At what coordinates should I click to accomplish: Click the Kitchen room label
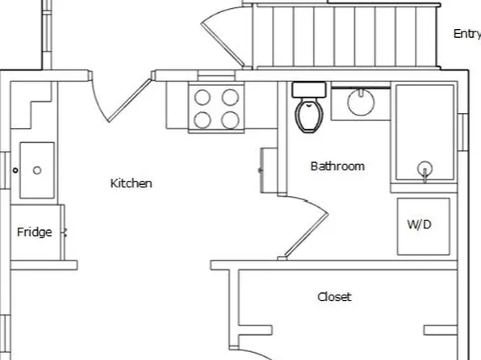(x=131, y=183)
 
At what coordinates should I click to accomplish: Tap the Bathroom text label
(x=337, y=166)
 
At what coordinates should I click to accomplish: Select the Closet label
(x=334, y=297)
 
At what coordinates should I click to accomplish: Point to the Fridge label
(x=35, y=232)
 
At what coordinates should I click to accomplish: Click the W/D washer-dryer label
(x=419, y=224)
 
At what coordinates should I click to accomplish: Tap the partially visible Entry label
(x=467, y=34)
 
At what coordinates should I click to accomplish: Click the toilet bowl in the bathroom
(x=309, y=115)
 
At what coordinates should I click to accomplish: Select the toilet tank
(x=309, y=90)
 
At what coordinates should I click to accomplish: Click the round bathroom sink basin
(x=361, y=103)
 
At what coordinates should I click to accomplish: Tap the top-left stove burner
(x=203, y=98)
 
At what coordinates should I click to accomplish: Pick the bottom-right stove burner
(x=230, y=120)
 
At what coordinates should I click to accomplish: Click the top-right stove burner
(x=230, y=98)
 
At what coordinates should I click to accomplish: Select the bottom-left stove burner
(x=203, y=120)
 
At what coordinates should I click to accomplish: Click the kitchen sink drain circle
(x=37, y=170)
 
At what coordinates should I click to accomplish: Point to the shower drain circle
(x=425, y=169)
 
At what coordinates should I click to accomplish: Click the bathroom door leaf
(x=307, y=235)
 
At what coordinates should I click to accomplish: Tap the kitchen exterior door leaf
(x=130, y=100)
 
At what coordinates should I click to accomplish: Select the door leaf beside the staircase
(x=223, y=44)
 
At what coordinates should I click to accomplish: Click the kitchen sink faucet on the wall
(x=15, y=170)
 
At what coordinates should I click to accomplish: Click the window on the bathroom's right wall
(x=463, y=132)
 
